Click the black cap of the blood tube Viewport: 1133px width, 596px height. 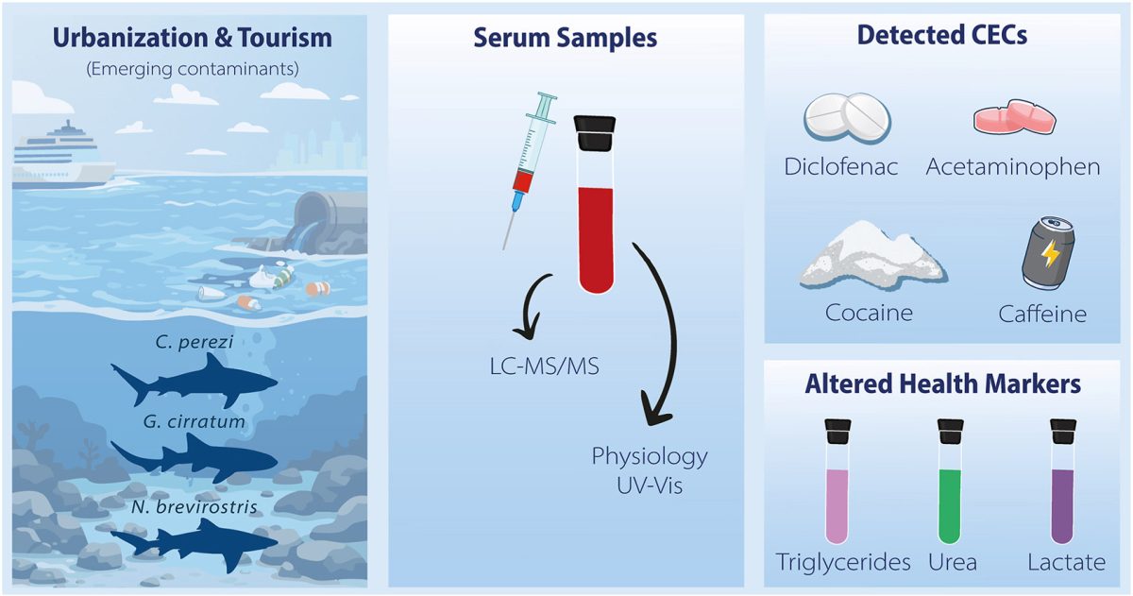coord(596,133)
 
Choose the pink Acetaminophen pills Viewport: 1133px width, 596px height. coord(1013,119)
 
